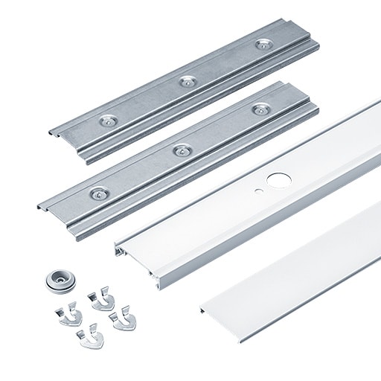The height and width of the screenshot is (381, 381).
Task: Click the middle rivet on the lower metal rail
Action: click(x=179, y=150)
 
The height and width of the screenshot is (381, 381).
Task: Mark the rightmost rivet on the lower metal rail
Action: click(x=259, y=109)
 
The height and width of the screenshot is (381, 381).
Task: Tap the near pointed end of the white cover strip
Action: click(x=202, y=307)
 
